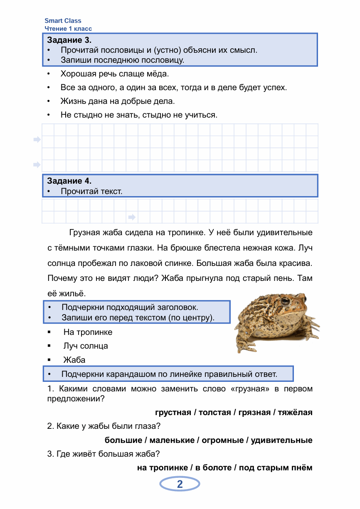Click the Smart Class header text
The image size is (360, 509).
click(63, 21)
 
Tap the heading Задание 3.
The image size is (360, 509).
click(69, 40)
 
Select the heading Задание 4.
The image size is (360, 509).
click(69, 181)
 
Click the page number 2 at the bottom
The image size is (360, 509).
click(180, 484)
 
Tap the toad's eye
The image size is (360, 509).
click(285, 301)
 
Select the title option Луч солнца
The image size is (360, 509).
click(86, 346)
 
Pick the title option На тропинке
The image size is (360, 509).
click(88, 332)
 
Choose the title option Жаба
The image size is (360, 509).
click(74, 360)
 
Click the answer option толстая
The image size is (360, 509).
click(215, 413)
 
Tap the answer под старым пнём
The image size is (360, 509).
click(276, 468)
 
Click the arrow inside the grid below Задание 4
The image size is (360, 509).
click(132, 217)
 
